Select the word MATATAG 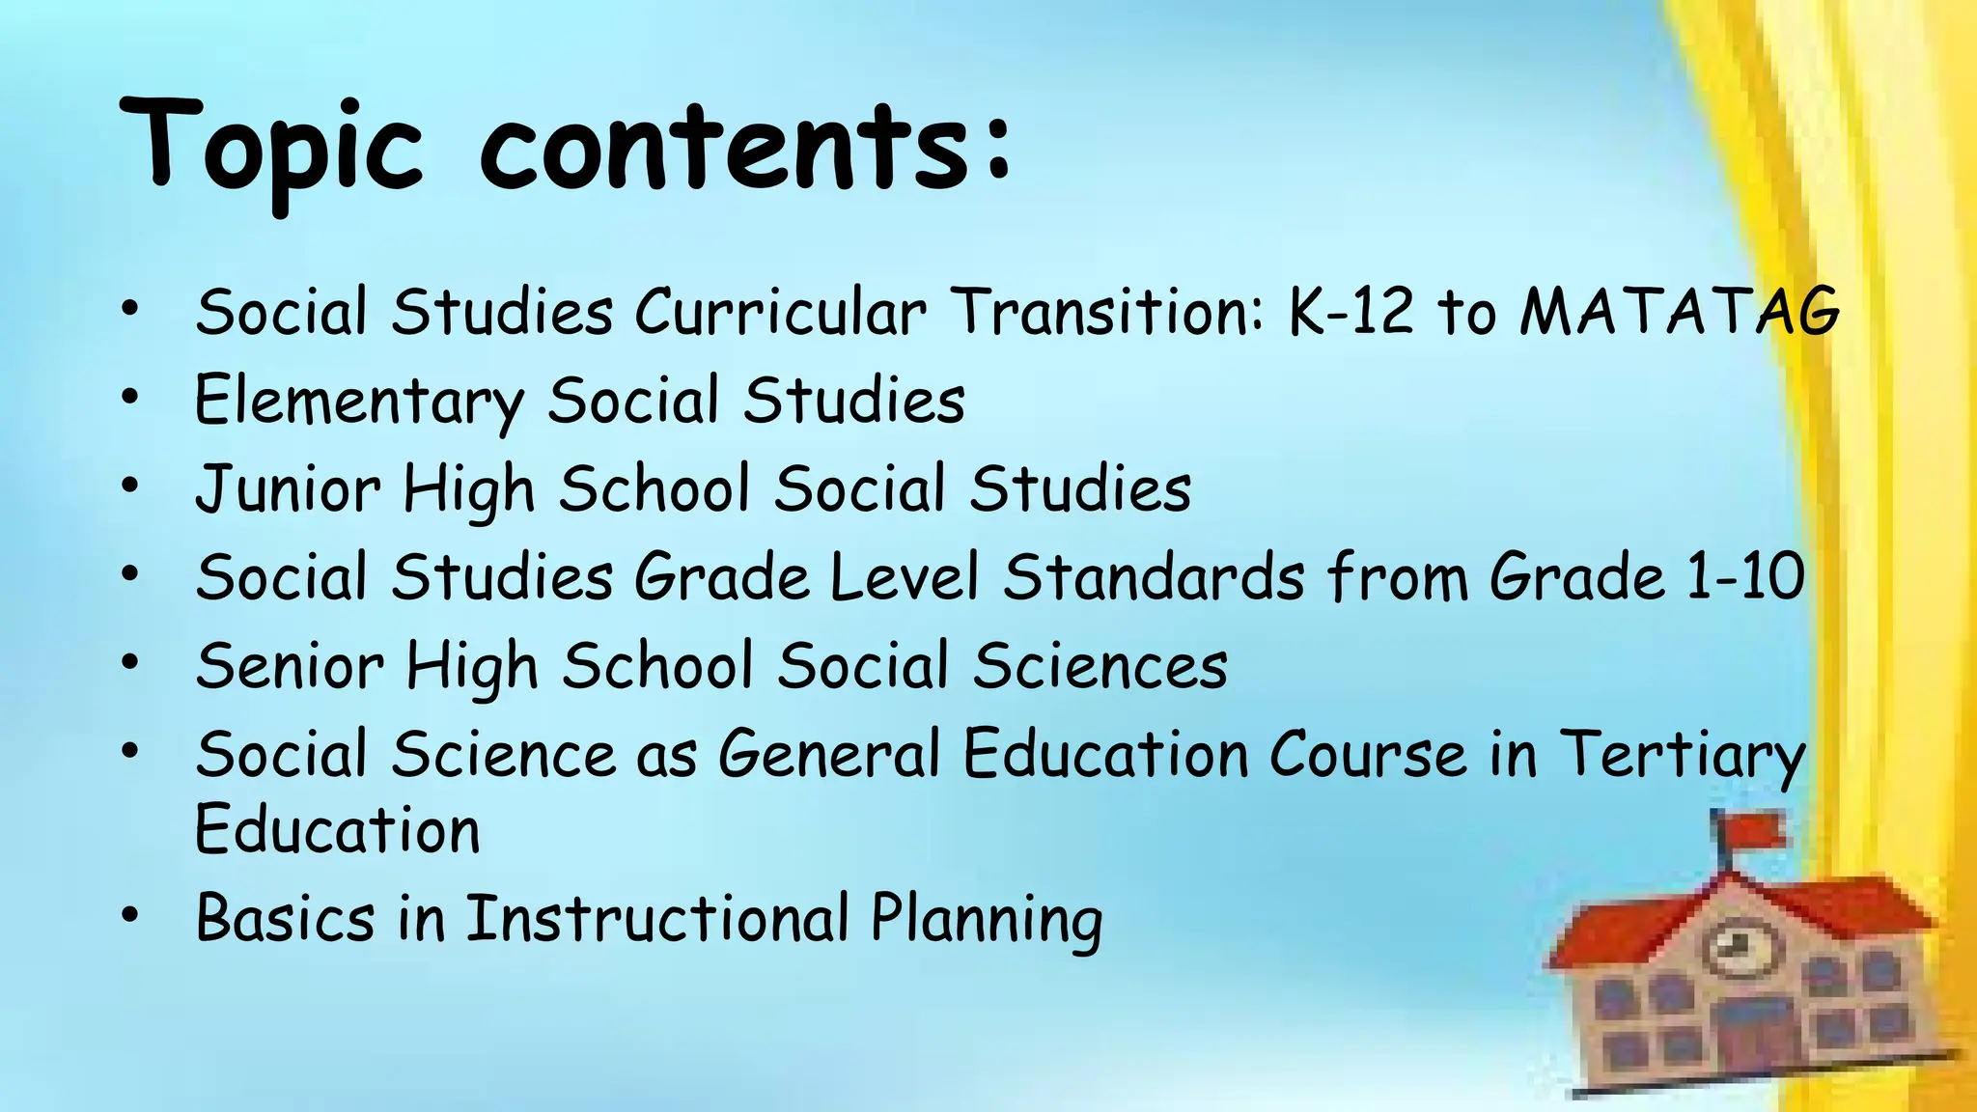point(1680,313)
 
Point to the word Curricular point(780,313)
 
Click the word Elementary point(358,402)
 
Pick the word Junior point(288,489)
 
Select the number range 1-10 point(1744,577)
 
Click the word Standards point(1154,577)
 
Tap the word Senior point(290,666)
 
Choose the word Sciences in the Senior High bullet point(1100,666)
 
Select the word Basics point(285,918)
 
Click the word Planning point(987,920)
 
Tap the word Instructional point(657,918)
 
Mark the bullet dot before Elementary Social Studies point(130,397)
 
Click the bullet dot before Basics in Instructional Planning point(130,913)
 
